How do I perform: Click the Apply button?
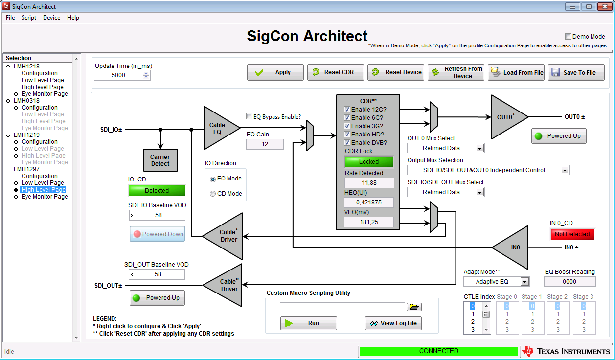(275, 72)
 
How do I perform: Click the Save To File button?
(576, 72)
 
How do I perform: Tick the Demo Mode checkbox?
(568, 37)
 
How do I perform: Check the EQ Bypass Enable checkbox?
(249, 116)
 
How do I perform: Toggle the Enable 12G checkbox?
(347, 110)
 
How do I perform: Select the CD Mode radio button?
(212, 194)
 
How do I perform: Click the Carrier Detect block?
(160, 160)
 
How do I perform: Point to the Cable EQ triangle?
(218, 128)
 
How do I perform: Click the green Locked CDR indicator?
(369, 161)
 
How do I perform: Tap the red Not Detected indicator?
(572, 234)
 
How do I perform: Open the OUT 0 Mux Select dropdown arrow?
(479, 148)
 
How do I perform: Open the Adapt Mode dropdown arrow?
(524, 282)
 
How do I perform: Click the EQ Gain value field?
(265, 144)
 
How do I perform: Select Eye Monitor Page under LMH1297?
(45, 197)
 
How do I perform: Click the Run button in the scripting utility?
(308, 323)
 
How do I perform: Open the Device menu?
(51, 18)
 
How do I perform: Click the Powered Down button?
(157, 234)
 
